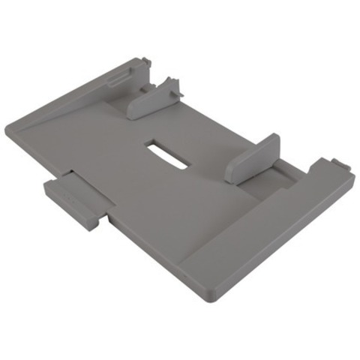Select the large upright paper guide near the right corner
click(252, 159)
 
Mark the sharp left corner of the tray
click(9, 130)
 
